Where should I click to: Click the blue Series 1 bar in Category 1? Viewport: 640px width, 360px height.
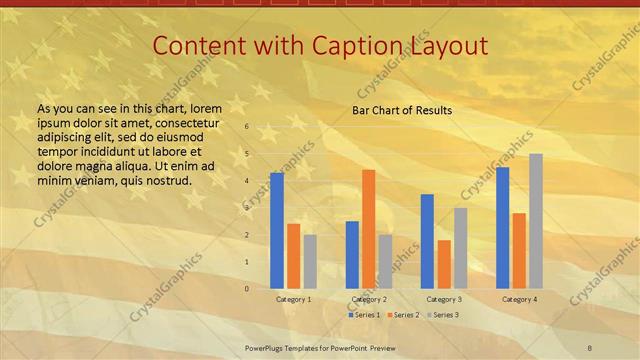pos(277,230)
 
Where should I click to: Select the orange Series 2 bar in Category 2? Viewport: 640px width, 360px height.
pos(368,229)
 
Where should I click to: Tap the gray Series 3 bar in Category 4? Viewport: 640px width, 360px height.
pos(536,221)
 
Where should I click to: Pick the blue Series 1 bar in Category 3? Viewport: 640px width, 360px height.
pos(427,241)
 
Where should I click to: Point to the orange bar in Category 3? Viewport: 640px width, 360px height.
pos(444,264)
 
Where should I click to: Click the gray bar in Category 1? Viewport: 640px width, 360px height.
pos(310,261)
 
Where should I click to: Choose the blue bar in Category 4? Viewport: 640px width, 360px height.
pos(502,227)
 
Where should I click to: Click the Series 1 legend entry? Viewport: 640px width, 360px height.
pos(364,315)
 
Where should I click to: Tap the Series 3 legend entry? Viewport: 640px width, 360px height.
pos(443,315)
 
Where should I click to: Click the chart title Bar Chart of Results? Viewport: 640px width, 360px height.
pos(402,110)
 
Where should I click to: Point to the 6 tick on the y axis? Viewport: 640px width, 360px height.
pos(247,127)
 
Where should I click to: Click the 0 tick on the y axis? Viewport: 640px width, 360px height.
pos(247,289)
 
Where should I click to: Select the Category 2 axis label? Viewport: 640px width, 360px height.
pos(368,299)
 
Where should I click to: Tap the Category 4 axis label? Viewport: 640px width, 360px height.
pos(519,299)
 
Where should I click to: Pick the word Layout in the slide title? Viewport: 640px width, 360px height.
pos(452,45)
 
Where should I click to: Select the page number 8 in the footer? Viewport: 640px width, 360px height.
pos(589,347)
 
